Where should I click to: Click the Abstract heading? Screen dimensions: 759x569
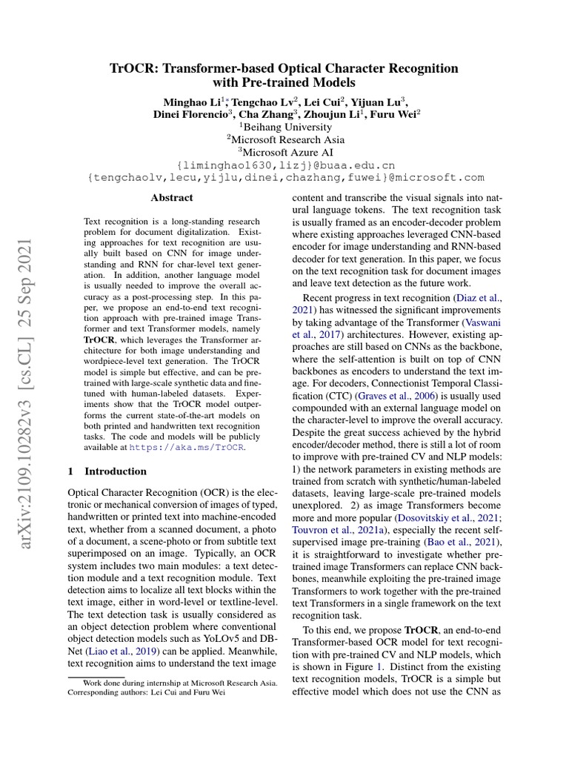(171, 198)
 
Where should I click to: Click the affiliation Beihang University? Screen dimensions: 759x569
(284, 127)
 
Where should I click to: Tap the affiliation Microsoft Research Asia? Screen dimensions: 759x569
(284, 139)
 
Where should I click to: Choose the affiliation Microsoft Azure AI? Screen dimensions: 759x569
(284, 152)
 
